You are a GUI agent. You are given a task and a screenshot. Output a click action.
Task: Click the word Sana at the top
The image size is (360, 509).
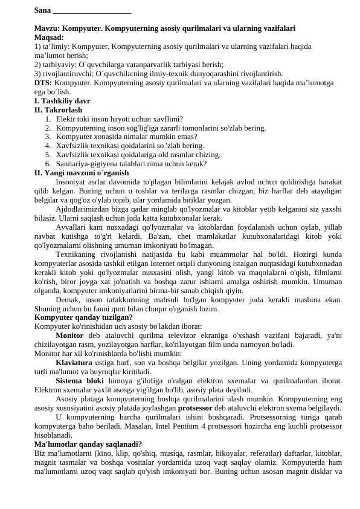(x=42, y=10)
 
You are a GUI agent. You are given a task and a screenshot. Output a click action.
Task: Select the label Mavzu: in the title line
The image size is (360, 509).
(x=47, y=28)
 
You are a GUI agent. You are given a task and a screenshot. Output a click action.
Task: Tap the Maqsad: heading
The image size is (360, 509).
(x=49, y=37)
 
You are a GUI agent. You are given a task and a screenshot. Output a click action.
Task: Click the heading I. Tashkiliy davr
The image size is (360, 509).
(x=62, y=101)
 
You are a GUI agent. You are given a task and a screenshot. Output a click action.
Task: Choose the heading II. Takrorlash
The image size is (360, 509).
(x=58, y=110)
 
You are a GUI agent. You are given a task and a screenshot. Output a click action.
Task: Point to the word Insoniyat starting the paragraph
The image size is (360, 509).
(x=72, y=181)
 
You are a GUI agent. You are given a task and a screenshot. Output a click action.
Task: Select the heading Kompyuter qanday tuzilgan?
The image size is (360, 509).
(x=83, y=317)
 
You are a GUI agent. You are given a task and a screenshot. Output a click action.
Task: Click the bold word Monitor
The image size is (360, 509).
(x=69, y=336)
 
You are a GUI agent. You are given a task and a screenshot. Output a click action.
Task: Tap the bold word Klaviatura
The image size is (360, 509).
(x=74, y=363)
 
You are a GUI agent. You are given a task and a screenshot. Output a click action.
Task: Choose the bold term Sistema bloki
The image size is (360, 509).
(x=79, y=381)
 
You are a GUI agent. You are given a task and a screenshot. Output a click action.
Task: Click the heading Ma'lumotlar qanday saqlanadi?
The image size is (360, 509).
(x=88, y=444)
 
